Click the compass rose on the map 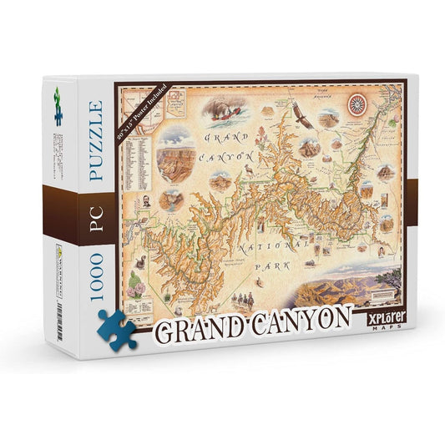[358, 105]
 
